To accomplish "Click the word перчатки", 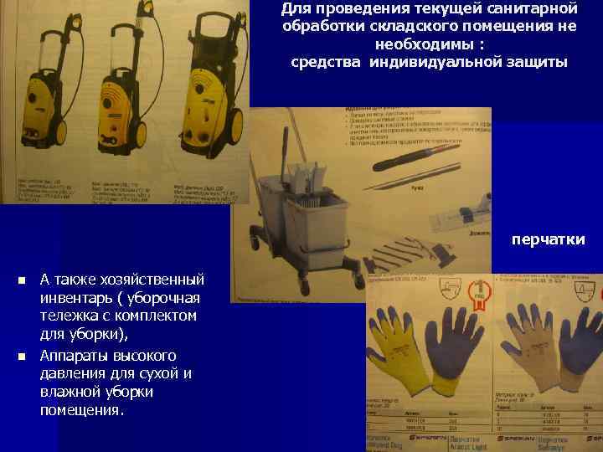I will (549, 240).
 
